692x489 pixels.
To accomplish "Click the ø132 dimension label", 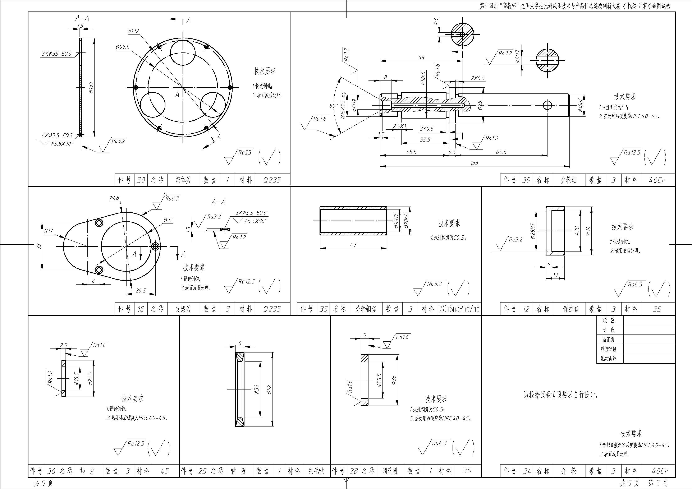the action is tap(133, 31).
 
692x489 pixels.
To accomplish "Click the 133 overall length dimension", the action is tap(474, 163).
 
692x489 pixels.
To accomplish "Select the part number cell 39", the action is tap(526, 180).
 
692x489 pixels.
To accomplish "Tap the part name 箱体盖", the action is tap(183, 180).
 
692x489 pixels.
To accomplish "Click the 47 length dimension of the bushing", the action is tap(353, 245).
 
